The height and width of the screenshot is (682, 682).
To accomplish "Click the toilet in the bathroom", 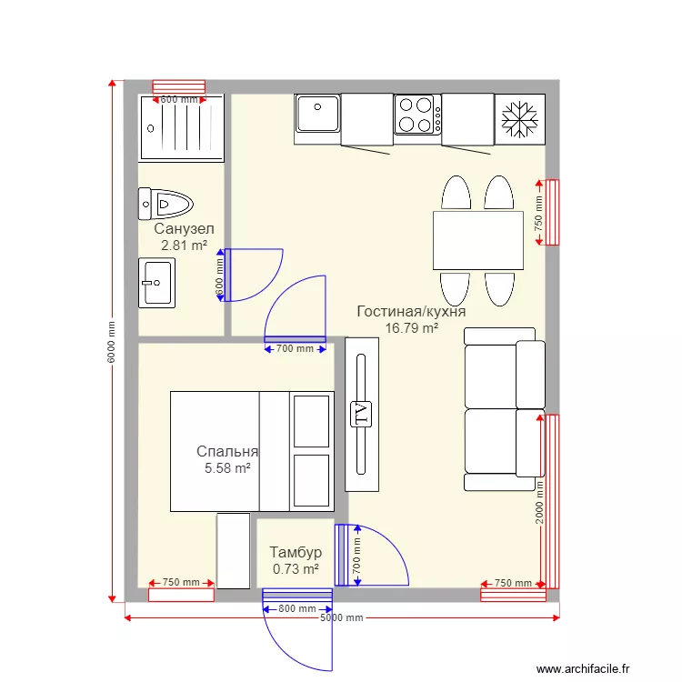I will [167, 205].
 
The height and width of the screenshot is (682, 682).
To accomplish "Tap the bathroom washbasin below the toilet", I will [156, 283].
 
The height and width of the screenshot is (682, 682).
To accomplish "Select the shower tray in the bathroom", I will [181, 127].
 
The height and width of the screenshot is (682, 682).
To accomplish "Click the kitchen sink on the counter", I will [317, 115].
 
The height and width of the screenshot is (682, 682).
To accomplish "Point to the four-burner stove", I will [417, 115].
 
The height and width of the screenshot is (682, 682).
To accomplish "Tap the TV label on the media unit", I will [361, 414].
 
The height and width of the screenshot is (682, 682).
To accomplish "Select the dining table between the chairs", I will [477, 240].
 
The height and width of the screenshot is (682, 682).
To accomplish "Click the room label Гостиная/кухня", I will [399, 312].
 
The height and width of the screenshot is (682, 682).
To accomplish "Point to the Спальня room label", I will [227, 452].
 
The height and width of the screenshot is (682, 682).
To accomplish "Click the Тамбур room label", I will [296, 553].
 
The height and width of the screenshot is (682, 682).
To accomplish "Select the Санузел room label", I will [184, 229].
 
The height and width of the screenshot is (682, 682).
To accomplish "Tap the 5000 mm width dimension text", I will [341, 617].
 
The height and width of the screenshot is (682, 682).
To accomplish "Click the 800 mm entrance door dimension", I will [297, 608].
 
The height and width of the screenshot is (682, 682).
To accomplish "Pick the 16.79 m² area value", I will [399, 328].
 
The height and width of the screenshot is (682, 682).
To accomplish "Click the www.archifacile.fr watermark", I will [582, 668].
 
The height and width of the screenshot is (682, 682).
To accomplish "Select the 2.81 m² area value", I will [184, 246].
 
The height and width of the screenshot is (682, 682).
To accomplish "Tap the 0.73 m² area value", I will [296, 569].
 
